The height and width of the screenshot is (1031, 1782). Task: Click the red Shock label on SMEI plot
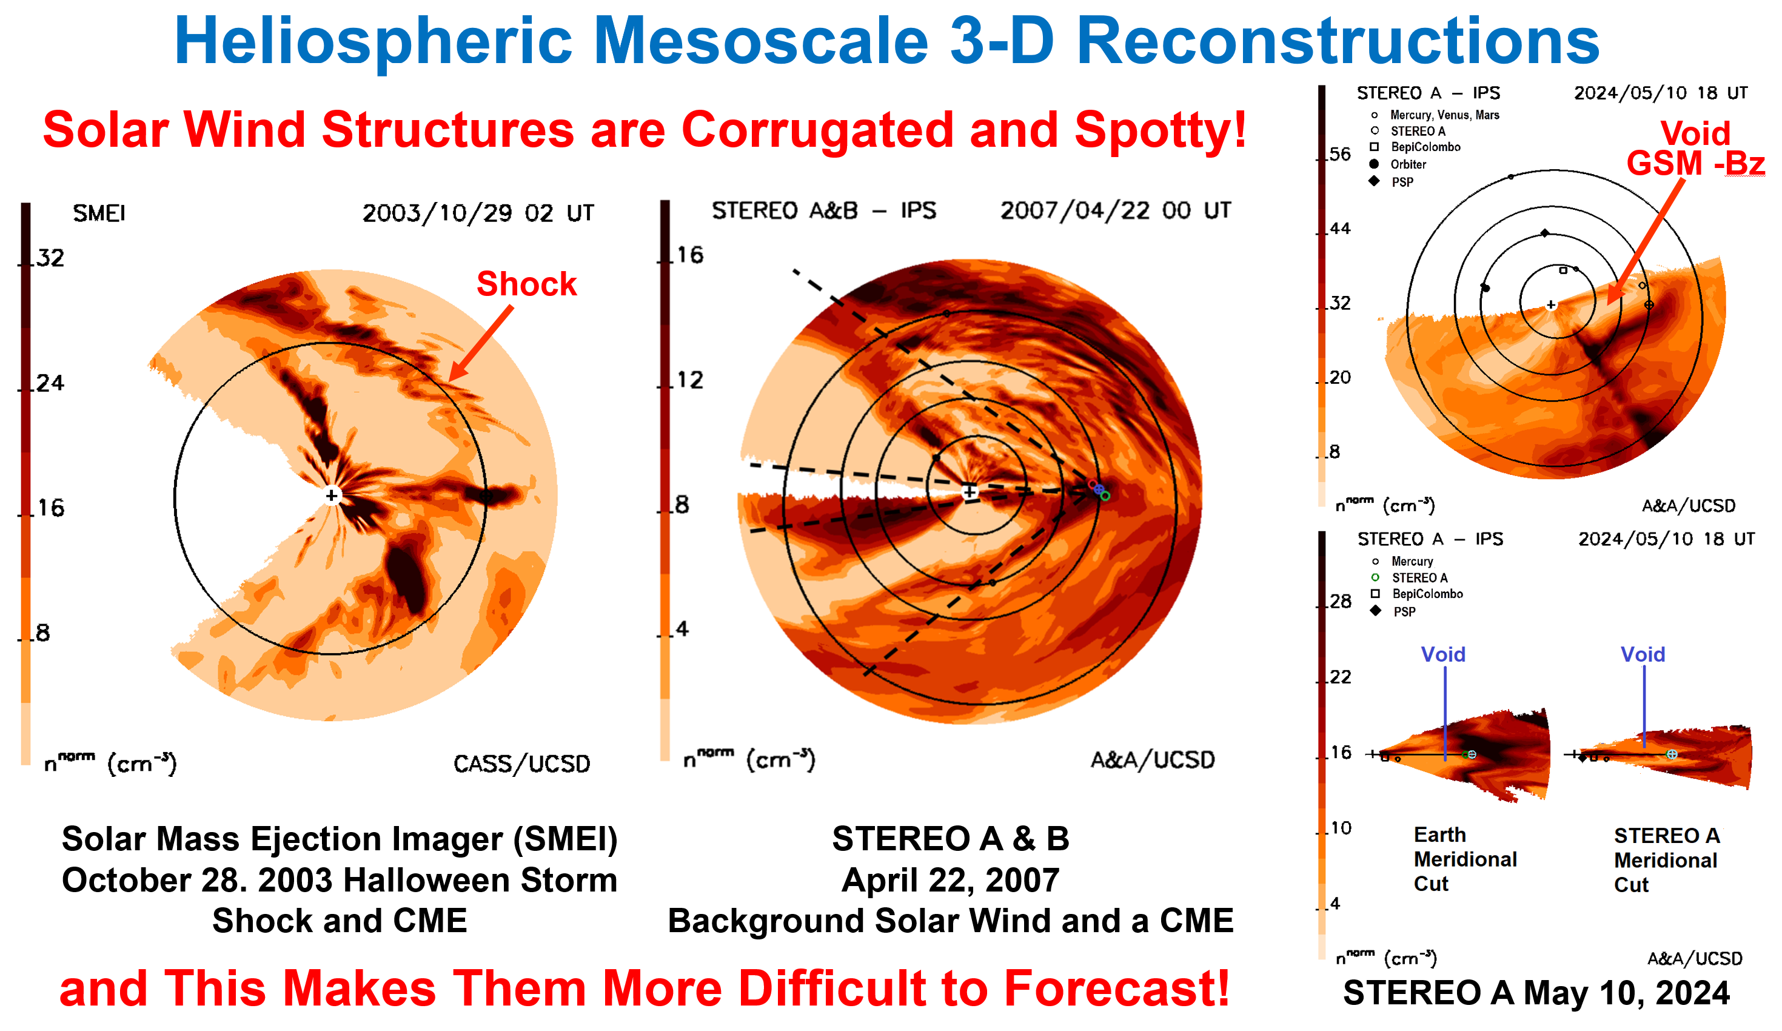point(526,284)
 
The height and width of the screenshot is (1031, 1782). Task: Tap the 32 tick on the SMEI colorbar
point(50,258)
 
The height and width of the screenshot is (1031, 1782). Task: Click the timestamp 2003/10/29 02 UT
point(478,213)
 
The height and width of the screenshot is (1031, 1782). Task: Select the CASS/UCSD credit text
point(521,764)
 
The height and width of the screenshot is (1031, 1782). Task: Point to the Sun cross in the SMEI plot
point(332,495)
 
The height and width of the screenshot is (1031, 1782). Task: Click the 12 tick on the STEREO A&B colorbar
point(689,380)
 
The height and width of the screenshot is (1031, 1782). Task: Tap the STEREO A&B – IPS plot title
point(823,210)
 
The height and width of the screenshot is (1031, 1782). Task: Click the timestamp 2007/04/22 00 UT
point(1115,210)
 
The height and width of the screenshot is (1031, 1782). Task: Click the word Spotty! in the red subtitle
point(1160,130)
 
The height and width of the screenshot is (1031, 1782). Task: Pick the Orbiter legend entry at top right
point(1407,164)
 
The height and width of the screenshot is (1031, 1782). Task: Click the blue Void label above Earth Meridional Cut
point(1442,654)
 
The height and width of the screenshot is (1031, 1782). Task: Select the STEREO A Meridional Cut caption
point(1666,860)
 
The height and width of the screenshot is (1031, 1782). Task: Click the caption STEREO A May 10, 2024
point(1536,993)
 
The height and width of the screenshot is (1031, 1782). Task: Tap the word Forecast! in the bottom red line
point(1117,988)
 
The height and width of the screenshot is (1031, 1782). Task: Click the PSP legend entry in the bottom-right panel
point(1404,612)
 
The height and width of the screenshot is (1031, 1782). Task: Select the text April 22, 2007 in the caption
point(950,881)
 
